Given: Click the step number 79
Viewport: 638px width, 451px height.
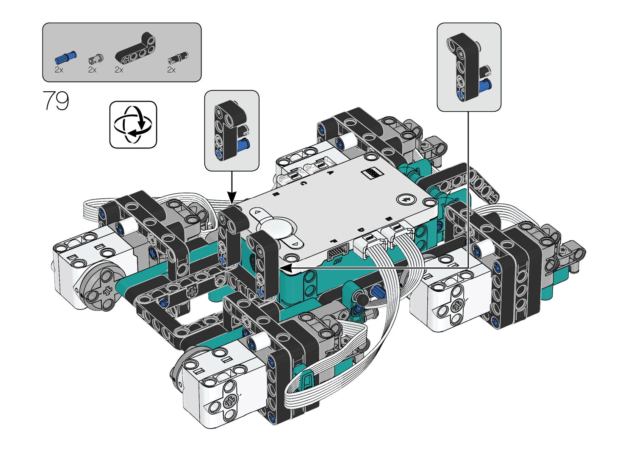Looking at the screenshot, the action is (56, 100).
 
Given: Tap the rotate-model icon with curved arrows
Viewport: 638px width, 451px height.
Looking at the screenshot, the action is (133, 125).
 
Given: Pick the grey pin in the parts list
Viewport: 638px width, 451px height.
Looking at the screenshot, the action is (95, 59).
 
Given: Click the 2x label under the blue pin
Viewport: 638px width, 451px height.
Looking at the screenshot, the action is (59, 70).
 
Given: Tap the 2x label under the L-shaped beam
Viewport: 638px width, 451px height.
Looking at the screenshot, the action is (119, 70).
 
